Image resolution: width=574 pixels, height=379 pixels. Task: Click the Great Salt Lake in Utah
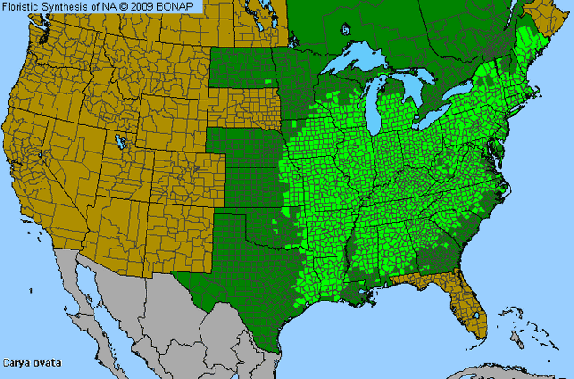120,142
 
